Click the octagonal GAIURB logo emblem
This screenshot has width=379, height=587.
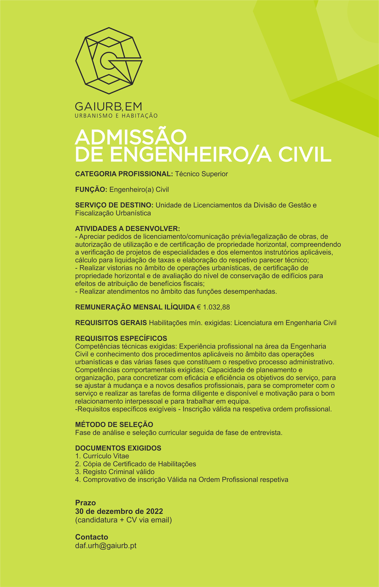109,61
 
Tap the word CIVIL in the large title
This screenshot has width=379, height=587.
305,155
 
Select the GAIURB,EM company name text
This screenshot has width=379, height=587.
108,106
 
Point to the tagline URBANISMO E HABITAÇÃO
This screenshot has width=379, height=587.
116,116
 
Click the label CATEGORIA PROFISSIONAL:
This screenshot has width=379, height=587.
124,174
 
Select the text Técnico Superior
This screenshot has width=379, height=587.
201,174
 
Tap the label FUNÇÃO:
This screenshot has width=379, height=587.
91,190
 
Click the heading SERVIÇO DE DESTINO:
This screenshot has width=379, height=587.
114,205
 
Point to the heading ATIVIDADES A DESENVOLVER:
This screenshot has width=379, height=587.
127,229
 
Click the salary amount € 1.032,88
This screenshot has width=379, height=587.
213,307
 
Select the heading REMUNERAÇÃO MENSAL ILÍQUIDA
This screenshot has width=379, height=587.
135,307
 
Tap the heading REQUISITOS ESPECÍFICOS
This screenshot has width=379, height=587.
121,338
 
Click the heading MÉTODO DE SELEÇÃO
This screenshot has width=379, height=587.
114,424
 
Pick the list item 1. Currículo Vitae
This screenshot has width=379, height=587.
102,456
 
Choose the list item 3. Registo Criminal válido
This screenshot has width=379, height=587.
115,472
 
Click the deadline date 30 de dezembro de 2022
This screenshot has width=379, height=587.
119,511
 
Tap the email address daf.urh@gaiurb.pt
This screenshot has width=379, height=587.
106,546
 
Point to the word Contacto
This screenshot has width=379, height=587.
92,537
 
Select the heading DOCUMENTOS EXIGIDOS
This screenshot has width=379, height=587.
118,448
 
